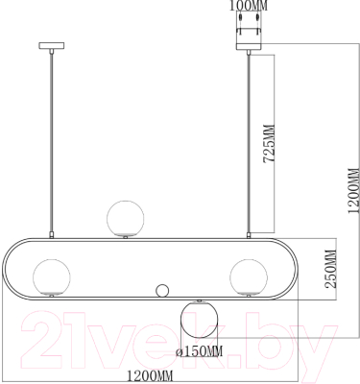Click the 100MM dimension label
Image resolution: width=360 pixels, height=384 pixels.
[x=249, y=6]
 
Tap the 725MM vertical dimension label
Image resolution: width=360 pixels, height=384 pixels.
[x=269, y=144]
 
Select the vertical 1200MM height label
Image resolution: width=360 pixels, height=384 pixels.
[x=354, y=190]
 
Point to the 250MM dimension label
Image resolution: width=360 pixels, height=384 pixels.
[x=331, y=269]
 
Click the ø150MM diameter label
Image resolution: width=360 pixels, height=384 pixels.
[x=200, y=351]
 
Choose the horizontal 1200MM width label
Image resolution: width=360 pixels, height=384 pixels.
[x=150, y=374]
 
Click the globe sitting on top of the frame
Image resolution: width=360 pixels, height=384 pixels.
[x=125, y=218]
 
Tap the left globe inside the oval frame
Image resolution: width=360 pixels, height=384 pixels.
[x=52, y=277]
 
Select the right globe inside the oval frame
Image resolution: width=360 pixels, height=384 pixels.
[x=249, y=277]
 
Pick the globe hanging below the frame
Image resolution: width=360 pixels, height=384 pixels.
[x=200, y=320]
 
